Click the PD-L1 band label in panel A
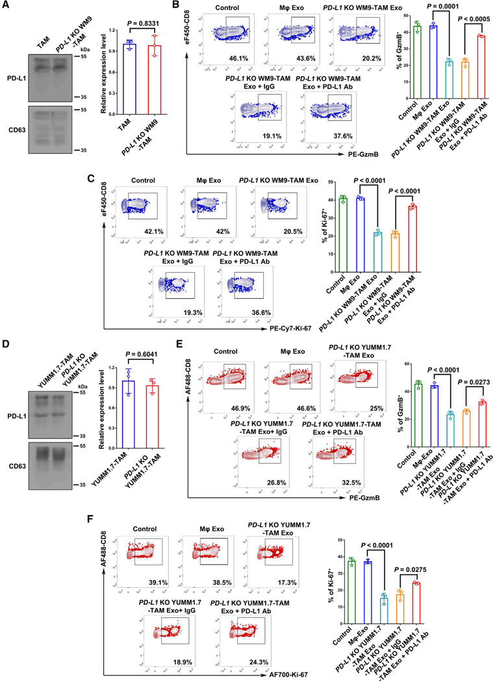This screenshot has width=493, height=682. coord(19,84)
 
